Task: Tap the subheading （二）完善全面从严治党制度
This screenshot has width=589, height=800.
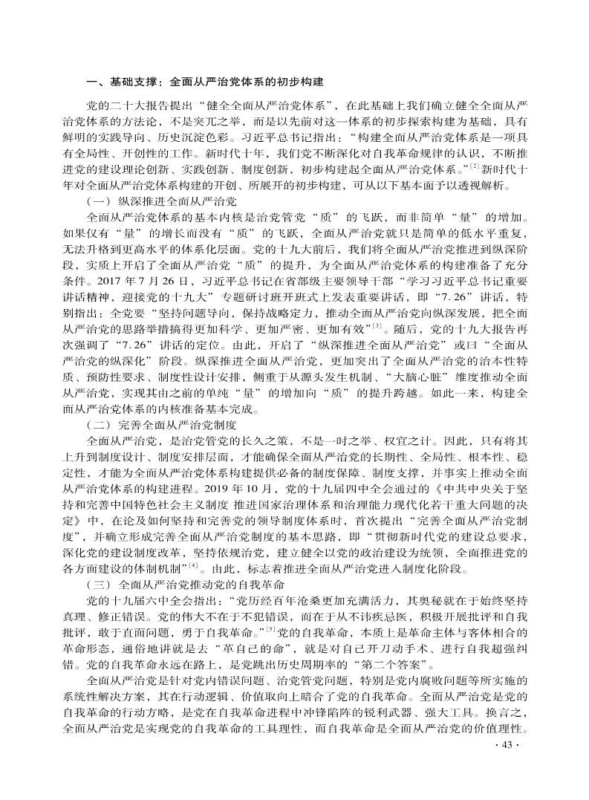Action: tap(161, 425)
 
